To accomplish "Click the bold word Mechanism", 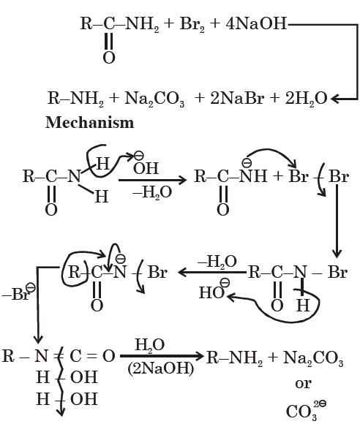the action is (89, 123).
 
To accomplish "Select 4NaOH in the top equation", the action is (256, 23).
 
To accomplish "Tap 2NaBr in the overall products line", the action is (237, 98).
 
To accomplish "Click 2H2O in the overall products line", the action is (306, 99).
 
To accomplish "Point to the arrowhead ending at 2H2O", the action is (334, 99).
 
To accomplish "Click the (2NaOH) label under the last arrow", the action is (161, 368).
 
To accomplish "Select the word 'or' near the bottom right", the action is (303, 384).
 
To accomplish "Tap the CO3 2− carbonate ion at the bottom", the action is (306, 411).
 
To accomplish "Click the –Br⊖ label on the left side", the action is (18, 292).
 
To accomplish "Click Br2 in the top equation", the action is (192, 24).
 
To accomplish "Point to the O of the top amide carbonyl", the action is (109, 58).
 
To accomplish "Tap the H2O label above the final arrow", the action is (150, 345).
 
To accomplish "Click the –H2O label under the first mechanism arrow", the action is (152, 192).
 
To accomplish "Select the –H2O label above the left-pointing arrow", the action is (217, 262).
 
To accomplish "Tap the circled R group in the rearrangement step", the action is (74, 272).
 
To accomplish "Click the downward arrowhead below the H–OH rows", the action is (61, 412).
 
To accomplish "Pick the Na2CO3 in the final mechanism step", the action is (313, 357).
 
